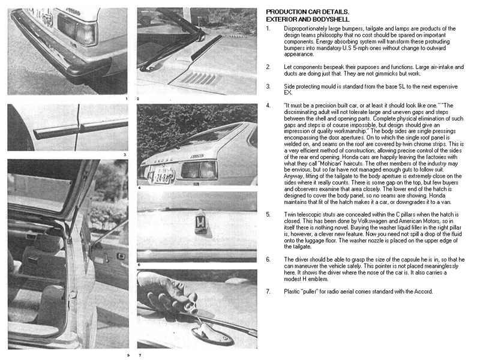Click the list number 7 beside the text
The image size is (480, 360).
tap(268, 291)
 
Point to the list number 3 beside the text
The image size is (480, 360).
tap(268, 87)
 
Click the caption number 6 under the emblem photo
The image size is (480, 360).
tap(139, 263)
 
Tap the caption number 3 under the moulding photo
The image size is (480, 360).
tap(125, 154)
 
